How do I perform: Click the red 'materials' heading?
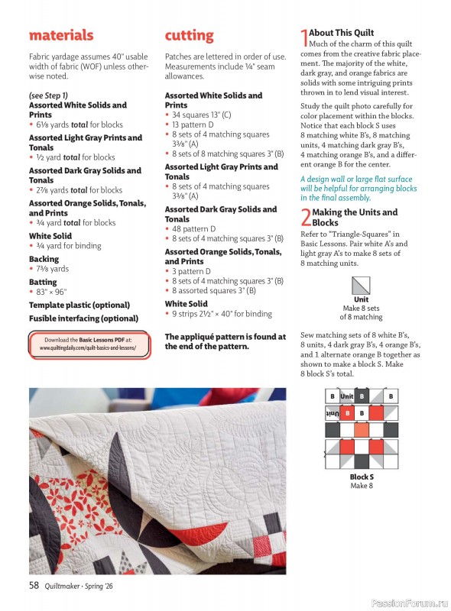click(61, 35)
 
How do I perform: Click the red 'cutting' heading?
click(189, 35)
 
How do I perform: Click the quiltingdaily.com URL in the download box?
click(88, 347)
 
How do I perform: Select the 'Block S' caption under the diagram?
click(361, 477)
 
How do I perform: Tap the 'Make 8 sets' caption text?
click(361, 309)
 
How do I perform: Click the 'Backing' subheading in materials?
click(44, 259)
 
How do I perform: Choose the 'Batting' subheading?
click(44, 282)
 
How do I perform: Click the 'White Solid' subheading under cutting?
click(187, 303)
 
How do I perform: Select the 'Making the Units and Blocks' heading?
click(355, 217)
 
